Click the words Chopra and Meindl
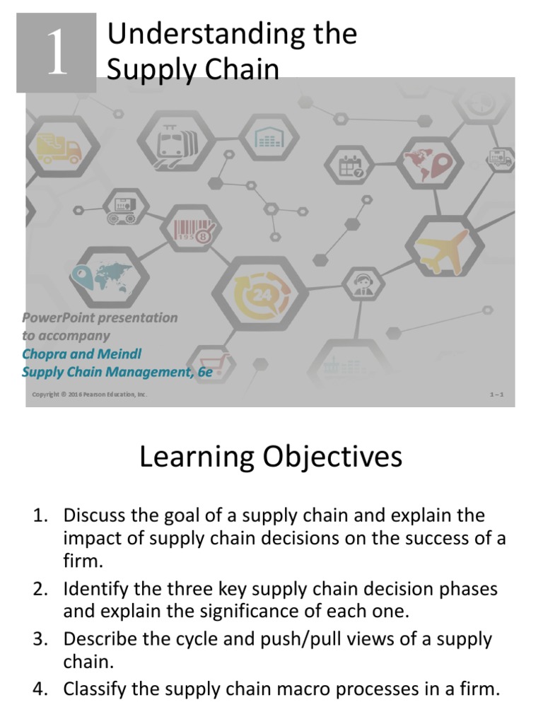click(87, 353)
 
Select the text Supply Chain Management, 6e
click(117, 371)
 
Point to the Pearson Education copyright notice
click(90, 395)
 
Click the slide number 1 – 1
click(496, 395)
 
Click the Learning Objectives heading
click(271, 457)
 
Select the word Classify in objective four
click(94, 689)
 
